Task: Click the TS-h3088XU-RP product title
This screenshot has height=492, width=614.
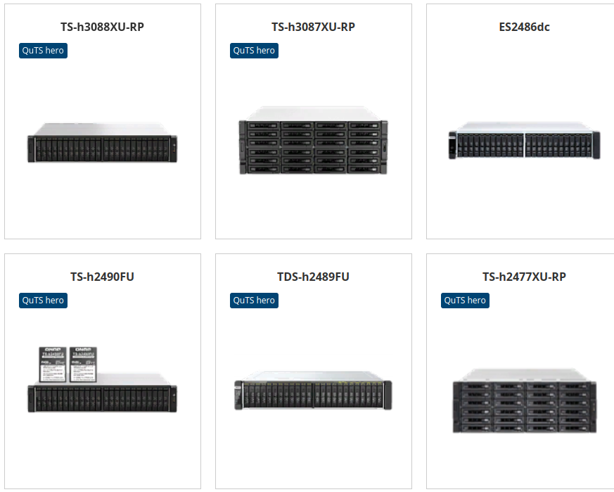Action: [102, 27]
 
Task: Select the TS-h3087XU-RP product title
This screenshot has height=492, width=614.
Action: [313, 27]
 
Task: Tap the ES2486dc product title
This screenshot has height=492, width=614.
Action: [524, 27]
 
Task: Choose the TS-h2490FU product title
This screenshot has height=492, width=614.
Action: [102, 277]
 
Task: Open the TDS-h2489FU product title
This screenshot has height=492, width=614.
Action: [313, 277]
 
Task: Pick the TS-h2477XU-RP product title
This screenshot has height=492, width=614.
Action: [524, 277]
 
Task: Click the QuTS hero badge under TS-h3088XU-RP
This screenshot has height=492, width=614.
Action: [43, 51]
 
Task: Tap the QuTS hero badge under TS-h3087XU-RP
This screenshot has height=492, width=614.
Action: [254, 51]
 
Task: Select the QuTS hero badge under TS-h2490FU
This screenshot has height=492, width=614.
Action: [43, 301]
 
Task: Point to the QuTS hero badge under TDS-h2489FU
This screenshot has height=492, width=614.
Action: [254, 301]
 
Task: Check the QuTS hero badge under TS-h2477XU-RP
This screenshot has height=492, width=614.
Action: [465, 301]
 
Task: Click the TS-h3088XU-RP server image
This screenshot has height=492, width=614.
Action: [102, 144]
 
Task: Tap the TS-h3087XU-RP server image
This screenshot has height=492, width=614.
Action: [313, 141]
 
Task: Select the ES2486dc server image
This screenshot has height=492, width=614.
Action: [524, 143]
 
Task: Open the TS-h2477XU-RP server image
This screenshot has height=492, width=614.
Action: [524, 402]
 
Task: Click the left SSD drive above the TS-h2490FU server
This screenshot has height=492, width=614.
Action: [52, 364]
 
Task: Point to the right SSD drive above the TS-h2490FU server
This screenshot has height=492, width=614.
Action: [82, 364]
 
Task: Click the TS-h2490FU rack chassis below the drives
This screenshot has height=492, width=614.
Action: [102, 398]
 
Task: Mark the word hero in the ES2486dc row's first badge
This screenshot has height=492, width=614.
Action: [53, 51]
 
